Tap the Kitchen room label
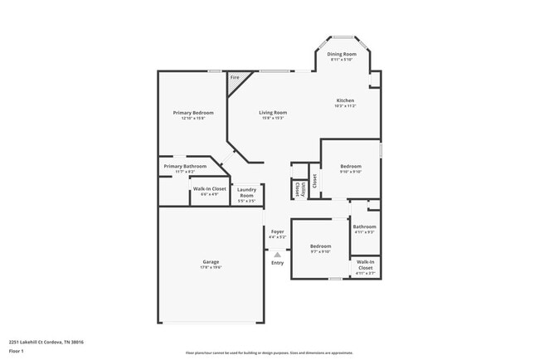pyautogui.click(x=344, y=101)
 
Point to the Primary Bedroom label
pyautogui.click(x=193, y=113)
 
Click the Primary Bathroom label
pyautogui.click(x=185, y=166)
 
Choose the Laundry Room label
pyautogui.click(x=246, y=192)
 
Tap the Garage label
pyautogui.click(x=211, y=262)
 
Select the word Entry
pyautogui.click(x=277, y=263)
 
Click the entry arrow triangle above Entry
pyautogui.click(x=277, y=255)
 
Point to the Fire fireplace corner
pyautogui.click(x=236, y=79)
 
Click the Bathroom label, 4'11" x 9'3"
pyautogui.click(x=365, y=226)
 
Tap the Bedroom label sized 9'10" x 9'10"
pyautogui.click(x=351, y=167)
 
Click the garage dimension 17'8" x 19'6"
pyautogui.click(x=211, y=268)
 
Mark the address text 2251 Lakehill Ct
pyautogui.click(x=46, y=341)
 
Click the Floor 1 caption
pyautogui.click(x=17, y=352)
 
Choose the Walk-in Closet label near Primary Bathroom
pyautogui.click(x=210, y=189)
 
